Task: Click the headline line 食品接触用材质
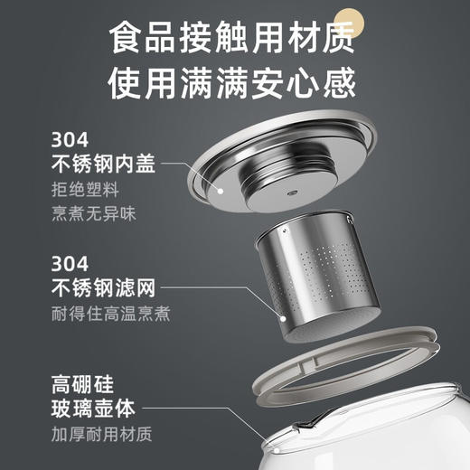(234, 39)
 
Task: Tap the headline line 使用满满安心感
(234, 84)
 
